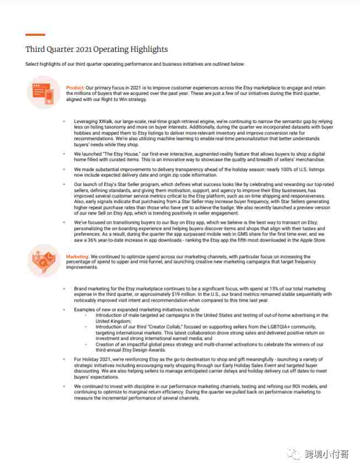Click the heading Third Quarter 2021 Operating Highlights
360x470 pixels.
coord(96,50)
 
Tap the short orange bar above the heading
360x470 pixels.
coord(35,35)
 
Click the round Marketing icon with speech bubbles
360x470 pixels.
coord(44,260)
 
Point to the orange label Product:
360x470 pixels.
coord(75,88)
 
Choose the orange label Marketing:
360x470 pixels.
coord(78,257)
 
